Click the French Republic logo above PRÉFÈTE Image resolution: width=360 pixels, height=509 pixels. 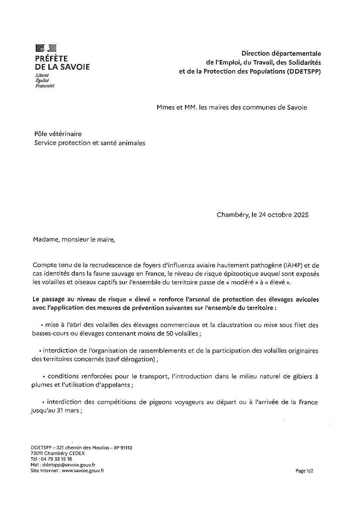click(x=46, y=48)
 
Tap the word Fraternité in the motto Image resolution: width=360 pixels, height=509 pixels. click(x=45, y=86)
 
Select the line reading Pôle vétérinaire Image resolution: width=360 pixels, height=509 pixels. click(x=58, y=134)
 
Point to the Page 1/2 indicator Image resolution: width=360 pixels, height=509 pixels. click(x=304, y=471)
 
